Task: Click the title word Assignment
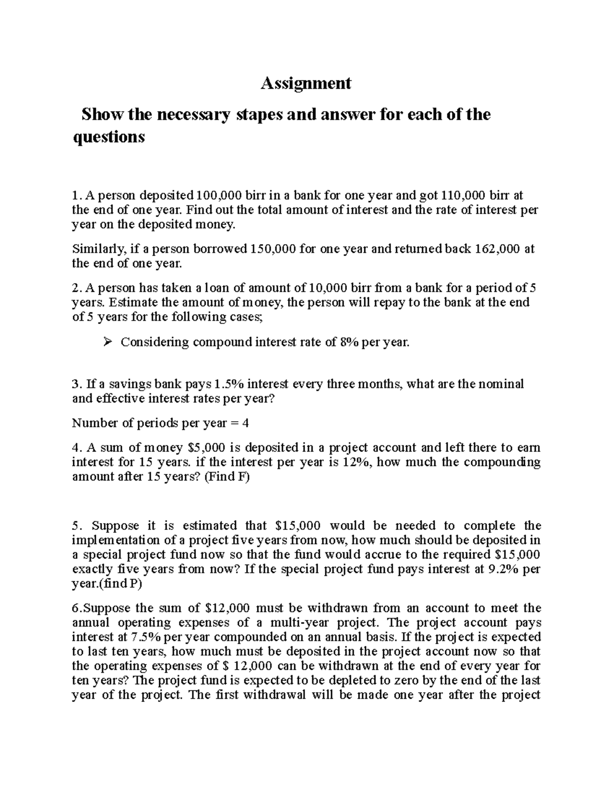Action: click(x=306, y=83)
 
